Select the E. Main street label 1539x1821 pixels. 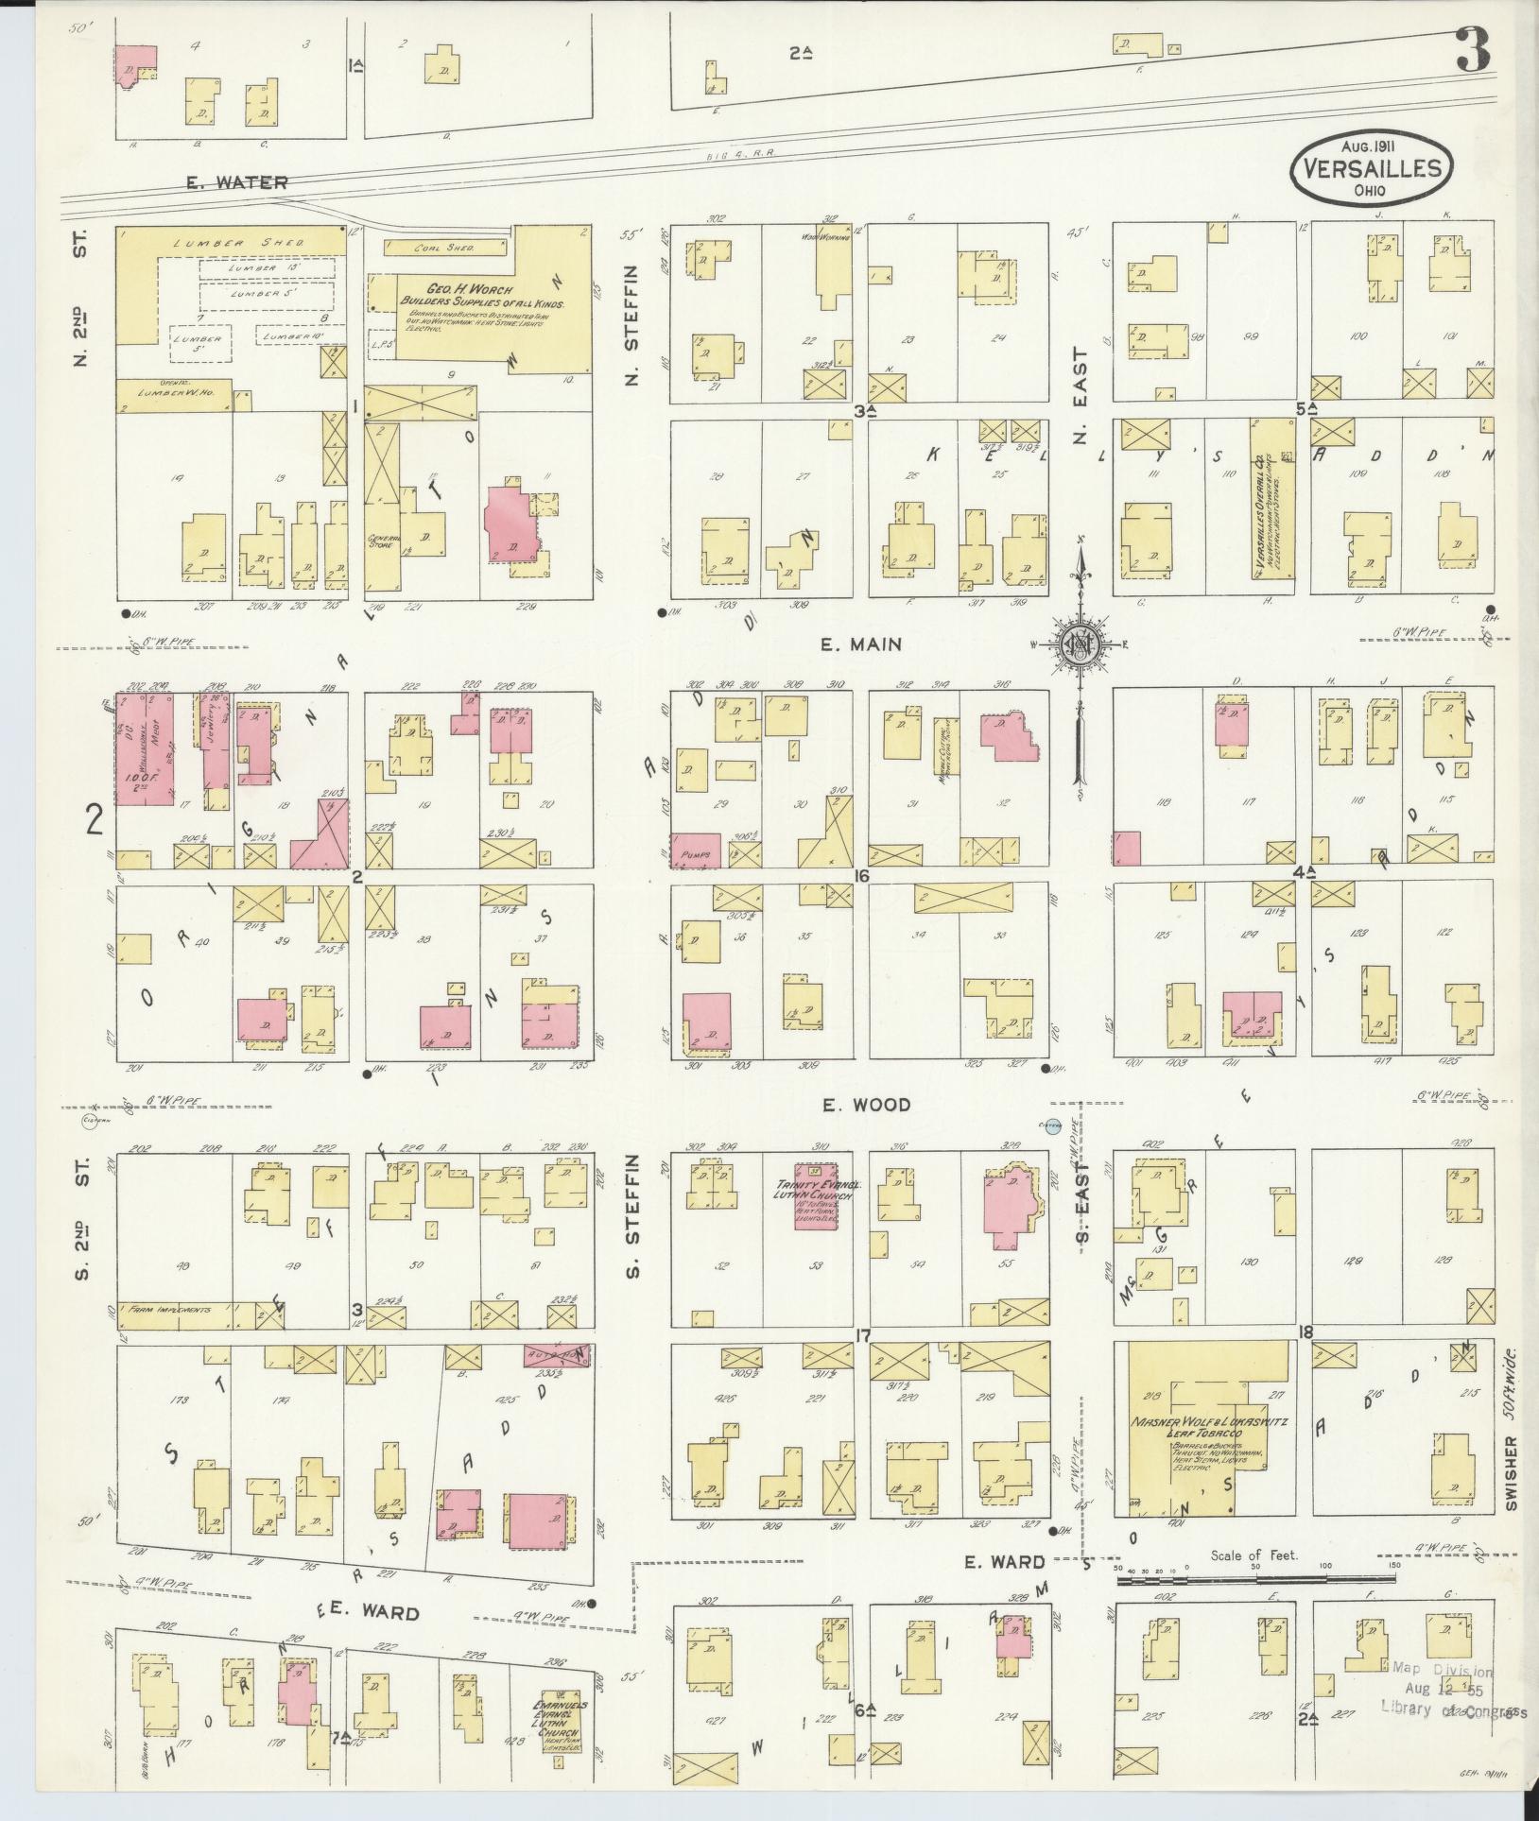(x=860, y=644)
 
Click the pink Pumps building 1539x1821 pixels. (x=696, y=850)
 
